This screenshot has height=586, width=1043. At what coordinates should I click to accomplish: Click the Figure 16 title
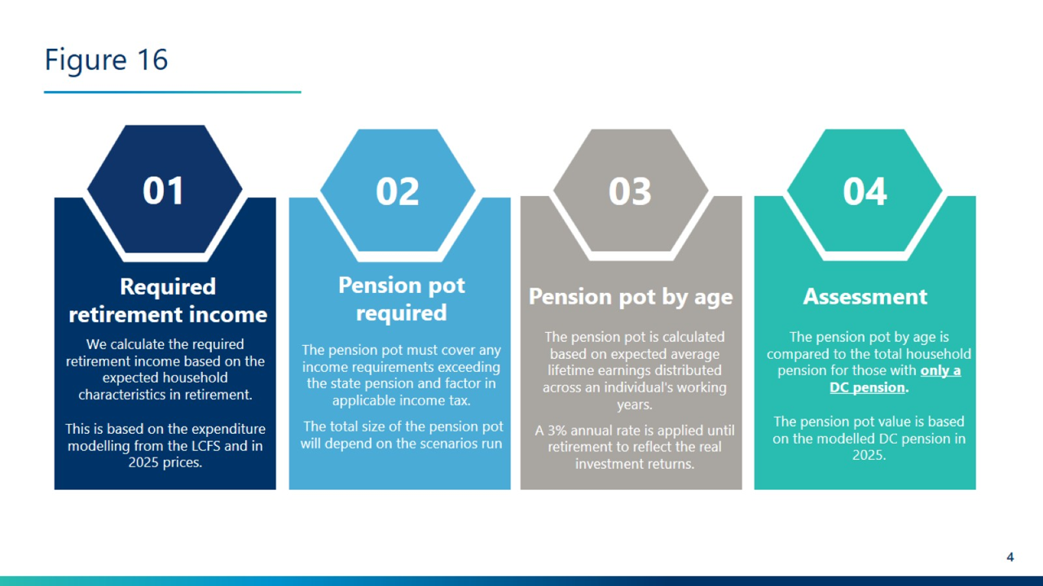pyautogui.click(x=106, y=60)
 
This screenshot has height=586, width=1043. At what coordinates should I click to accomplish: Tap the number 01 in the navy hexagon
pyautogui.click(x=164, y=190)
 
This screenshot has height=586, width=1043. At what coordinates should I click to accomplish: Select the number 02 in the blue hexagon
pyautogui.click(x=397, y=191)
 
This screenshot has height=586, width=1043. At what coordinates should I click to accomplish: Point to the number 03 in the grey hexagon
pyautogui.click(x=630, y=191)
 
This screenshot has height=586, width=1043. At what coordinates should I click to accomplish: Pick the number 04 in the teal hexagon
pyautogui.click(x=865, y=191)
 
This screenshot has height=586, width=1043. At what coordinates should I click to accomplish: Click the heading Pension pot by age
pyautogui.click(x=631, y=297)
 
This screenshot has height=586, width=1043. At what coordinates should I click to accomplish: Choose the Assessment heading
pyautogui.click(x=865, y=297)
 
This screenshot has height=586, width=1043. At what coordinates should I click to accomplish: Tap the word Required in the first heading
pyautogui.click(x=168, y=287)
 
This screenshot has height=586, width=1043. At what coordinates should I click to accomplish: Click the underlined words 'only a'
pyautogui.click(x=940, y=370)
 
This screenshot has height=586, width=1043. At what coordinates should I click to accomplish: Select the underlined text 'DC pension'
pyautogui.click(x=868, y=387)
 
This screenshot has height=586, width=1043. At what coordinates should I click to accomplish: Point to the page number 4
pyautogui.click(x=1010, y=558)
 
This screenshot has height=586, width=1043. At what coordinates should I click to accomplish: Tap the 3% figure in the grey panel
pyautogui.click(x=557, y=431)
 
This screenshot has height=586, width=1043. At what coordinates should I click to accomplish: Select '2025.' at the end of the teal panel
pyautogui.click(x=869, y=455)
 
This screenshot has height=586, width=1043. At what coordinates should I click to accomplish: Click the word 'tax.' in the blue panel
pyautogui.click(x=459, y=401)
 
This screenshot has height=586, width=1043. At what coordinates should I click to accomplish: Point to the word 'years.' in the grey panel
pyautogui.click(x=635, y=405)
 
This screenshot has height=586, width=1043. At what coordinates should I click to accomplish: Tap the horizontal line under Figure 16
pyautogui.click(x=172, y=92)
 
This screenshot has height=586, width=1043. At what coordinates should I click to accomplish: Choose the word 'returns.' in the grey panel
pyautogui.click(x=670, y=464)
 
